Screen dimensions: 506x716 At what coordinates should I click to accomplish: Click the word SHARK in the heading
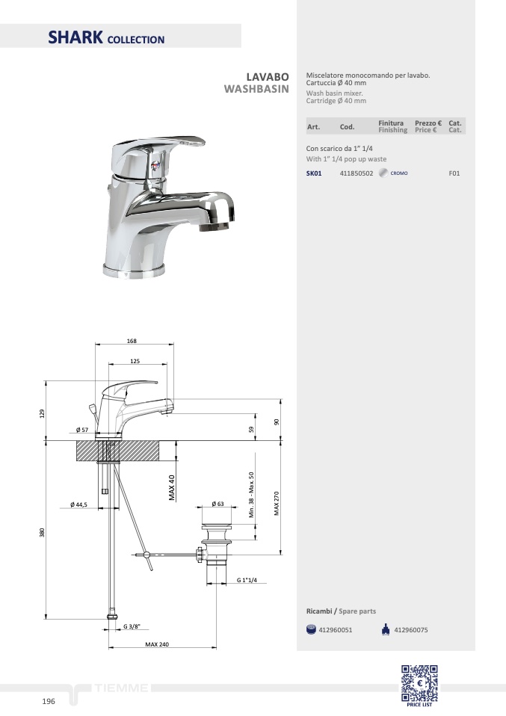click(x=75, y=37)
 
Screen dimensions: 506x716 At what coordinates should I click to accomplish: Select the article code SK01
click(x=314, y=173)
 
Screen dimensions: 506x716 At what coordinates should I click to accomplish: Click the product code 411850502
click(x=357, y=173)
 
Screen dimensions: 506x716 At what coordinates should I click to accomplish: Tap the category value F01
click(x=454, y=173)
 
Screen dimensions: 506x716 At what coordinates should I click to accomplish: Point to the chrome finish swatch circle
click(x=383, y=173)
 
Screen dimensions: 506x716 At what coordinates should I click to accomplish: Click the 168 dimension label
click(x=132, y=341)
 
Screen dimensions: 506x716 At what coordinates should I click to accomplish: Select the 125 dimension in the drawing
click(x=135, y=361)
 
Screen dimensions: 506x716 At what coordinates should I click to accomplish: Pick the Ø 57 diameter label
click(x=82, y=430)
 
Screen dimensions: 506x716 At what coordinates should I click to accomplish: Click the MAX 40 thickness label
click(x=172, y=488)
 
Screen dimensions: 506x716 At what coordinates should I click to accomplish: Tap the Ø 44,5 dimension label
click(x=78, y=504)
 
